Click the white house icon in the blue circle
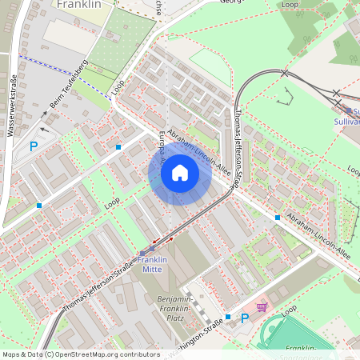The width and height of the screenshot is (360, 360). click(180, 173)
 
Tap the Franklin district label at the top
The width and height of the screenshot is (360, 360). click(79, 4)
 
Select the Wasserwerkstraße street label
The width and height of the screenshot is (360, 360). click(12, 104)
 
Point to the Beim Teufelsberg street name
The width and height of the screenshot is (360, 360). click(69, 83)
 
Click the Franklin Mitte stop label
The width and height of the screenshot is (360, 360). click(151, 265)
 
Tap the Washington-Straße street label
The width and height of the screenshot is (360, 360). click(193, 329)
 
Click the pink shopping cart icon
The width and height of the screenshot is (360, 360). click(261, 307)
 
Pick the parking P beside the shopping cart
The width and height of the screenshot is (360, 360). click(245, 318)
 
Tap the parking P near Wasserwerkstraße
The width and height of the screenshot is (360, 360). click(34, 146)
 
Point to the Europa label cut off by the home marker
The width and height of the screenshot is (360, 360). click(162, 146)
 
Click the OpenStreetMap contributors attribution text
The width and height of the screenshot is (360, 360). click(80, 354)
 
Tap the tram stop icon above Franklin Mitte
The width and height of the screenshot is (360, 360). click(142, 250)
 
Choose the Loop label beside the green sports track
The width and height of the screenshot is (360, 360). click(289, 309)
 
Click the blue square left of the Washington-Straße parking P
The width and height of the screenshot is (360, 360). click(228, 318)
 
